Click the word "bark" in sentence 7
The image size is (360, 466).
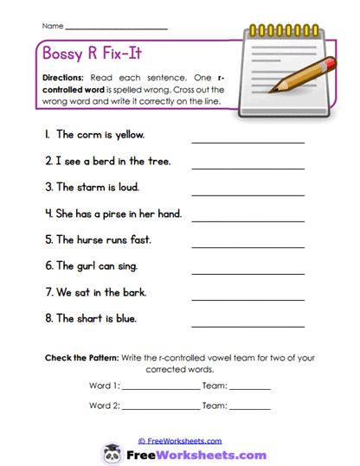click(x=132, y=292)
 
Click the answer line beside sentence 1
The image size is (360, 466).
click(x=247, y=141)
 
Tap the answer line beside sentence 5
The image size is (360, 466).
click(x=247, y=246)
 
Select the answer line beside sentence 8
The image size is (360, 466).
click(x=247, y=326)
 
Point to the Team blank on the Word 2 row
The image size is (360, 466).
click(x=249, y=408)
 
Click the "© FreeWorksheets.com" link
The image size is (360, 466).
click(x=180, y=440)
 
